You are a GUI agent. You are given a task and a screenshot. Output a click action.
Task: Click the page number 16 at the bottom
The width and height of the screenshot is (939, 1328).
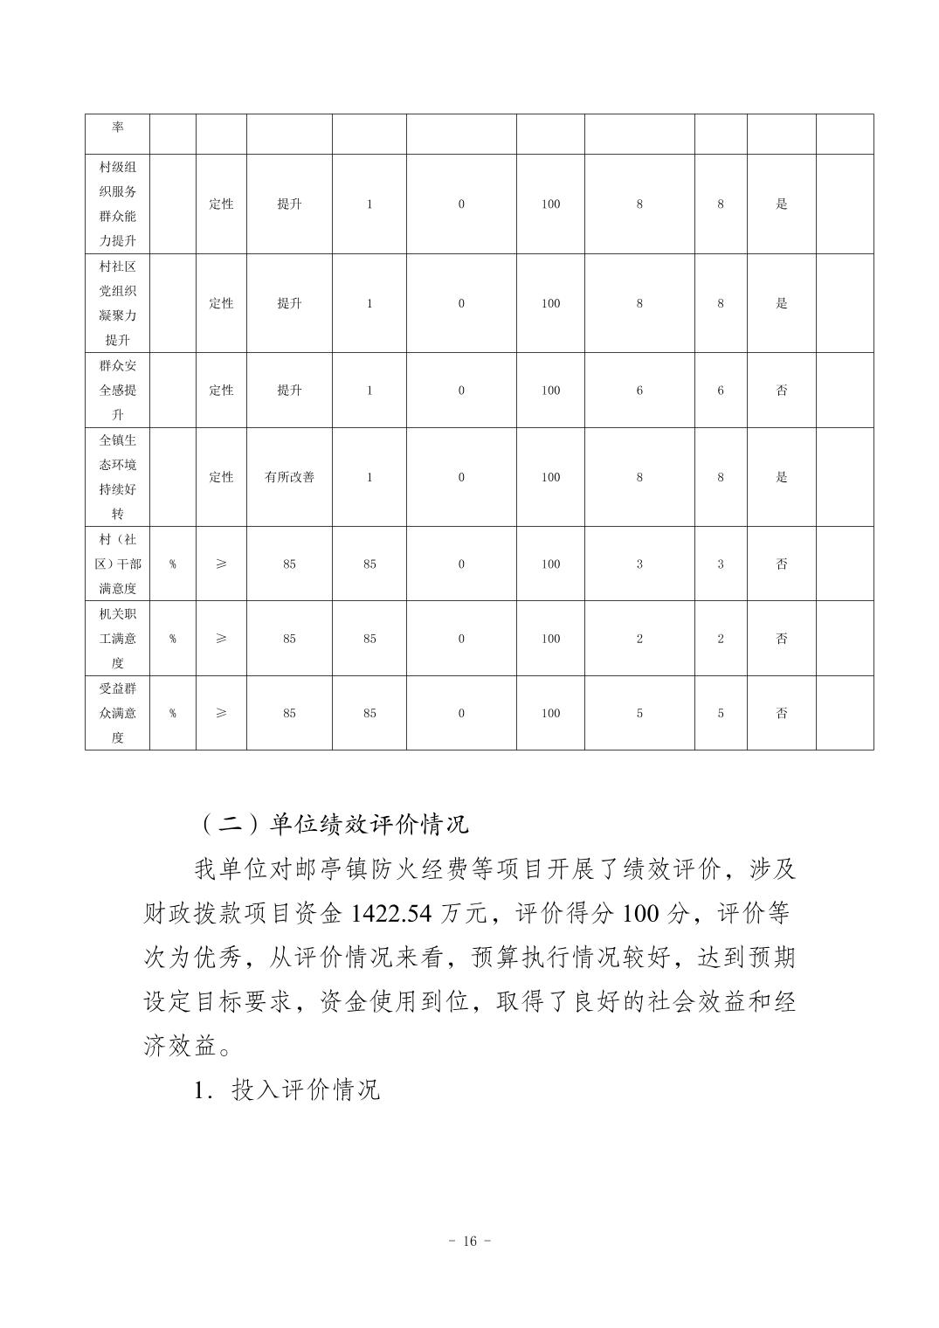pos(469,1242)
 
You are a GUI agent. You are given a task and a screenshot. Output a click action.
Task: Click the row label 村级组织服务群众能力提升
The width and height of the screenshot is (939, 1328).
pos(117,204)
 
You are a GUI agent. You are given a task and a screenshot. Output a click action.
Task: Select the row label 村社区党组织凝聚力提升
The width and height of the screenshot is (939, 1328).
pos(117,303)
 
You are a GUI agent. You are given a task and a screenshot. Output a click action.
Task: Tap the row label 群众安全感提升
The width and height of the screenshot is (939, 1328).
pos(117,390)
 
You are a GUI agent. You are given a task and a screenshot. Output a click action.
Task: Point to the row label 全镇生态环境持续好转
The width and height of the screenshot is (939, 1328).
pos(117,477)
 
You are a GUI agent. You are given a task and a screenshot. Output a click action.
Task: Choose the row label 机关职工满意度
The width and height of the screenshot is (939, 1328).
pos(117,639)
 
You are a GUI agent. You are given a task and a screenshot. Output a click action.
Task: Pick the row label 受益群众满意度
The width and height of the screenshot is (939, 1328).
pos(117,713)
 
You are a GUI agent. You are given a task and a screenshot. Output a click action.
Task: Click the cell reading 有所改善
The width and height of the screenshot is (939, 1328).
pos(289,477)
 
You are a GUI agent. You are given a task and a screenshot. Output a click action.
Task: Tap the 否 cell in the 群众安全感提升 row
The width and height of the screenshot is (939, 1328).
pos(782,391)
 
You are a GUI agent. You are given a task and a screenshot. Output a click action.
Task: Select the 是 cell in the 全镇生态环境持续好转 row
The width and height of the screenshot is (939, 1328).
pos(782,477)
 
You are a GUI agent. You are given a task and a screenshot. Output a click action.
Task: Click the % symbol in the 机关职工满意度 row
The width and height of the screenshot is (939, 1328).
pos(172,639)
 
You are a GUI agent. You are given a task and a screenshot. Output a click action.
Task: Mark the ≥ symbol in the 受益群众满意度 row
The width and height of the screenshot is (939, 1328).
pos(221,713)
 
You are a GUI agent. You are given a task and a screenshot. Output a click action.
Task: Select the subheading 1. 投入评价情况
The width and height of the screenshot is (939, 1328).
pos(287,1090)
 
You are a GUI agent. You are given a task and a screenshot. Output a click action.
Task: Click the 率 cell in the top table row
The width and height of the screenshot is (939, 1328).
pos(117,128)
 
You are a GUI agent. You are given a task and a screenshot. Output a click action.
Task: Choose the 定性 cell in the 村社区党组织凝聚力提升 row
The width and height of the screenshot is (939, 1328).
pos(221,303)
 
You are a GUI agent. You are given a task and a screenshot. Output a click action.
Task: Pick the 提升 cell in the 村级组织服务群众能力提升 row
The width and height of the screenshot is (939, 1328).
pos(289,204)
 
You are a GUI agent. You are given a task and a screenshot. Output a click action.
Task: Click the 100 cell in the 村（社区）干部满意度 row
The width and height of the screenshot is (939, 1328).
pos(550,564)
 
